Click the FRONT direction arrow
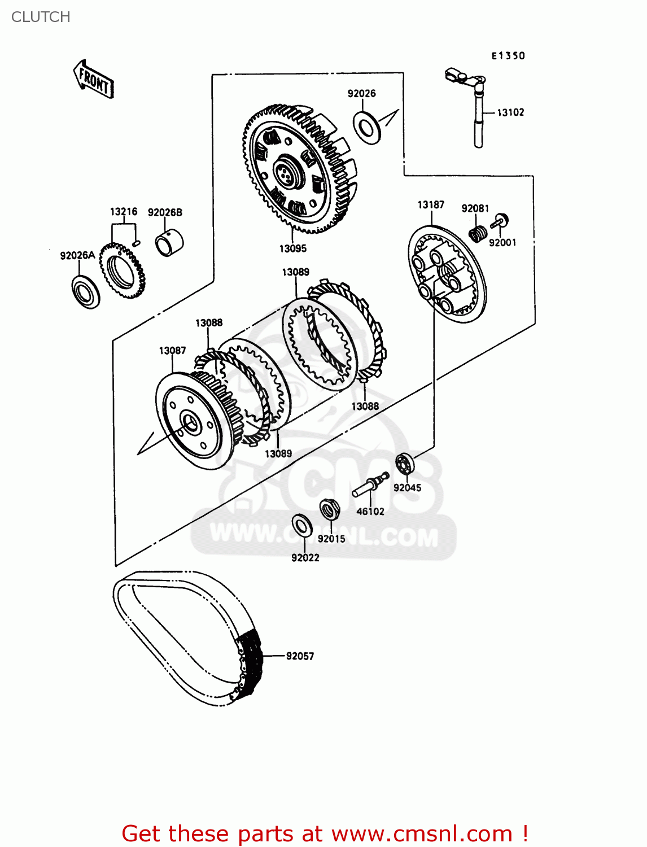pyautogui.click(x=94, y=80)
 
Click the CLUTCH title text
pyautogui.click(x=41, y=17)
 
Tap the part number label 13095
pyautogui.click(x=292, y=248)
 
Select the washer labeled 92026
pyautogui.click(x=367, y=128)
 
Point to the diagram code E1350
pyautogui.click(x=508, y=55)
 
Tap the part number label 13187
pyautogui.click(x=431, y=204)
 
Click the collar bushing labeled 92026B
pyautogui.click(x=169, y=243)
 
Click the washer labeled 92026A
pyautogui.click(x=86, y=292)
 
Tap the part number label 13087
pyautogui.click(x=172, y=351)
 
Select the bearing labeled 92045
pyautogui.click(x=404, y=464)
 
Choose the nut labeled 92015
pyautogui.click(x=329, y=510)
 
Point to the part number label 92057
pyautogui.click(x=300, y=656)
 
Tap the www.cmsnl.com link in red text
pyautogui.click(x=421, y=833)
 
